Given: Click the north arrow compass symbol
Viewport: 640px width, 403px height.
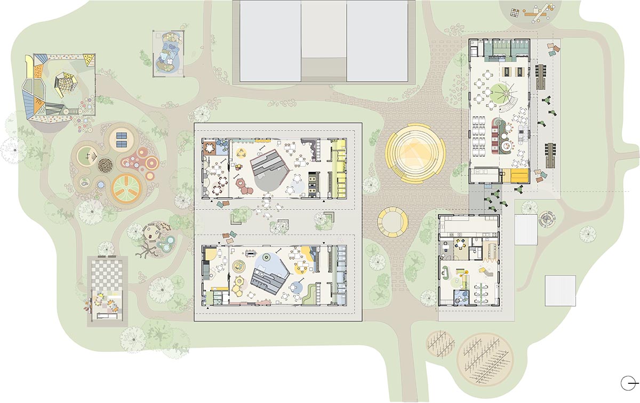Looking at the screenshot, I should (x=629, y=382).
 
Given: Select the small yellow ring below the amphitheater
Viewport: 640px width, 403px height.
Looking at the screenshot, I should (x=393, y=222).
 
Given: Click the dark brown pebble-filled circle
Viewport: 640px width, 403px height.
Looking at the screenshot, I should (x=106, y=165).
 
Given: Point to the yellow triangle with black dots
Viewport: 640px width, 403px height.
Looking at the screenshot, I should (x=89, y=60).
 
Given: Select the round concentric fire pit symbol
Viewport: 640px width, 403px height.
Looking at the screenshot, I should (x=547, y=218).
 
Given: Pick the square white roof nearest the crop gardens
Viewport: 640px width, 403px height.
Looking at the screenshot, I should (x=560, y=291).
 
